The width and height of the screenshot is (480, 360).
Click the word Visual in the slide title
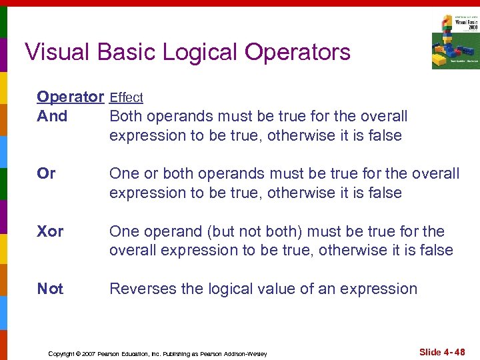[x=57, y=51]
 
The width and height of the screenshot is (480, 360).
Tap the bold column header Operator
[x=71, y=97]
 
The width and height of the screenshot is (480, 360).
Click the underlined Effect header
[x=126, y=98]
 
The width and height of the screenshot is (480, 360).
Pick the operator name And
[x=52, y=116]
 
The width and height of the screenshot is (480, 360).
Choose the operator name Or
[x=46, y=173]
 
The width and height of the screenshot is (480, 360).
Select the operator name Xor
[x=50, y=231]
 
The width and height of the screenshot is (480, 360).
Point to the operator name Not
[x=50, y=289]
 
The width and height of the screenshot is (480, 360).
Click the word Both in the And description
[x=125, y=116]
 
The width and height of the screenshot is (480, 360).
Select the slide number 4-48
[x=454, y=352]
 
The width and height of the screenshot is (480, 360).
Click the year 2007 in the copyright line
[x=87, y=353]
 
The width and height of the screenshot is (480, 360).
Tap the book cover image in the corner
[x=455, y=41]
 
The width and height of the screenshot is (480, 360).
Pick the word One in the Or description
[x=124, y=173]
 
